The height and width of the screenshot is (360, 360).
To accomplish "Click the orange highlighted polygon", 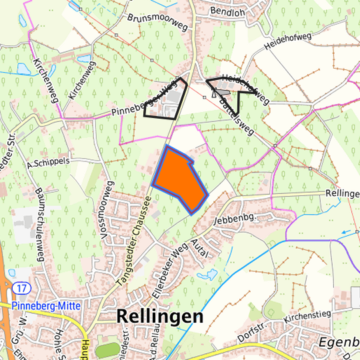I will tap(179, 179).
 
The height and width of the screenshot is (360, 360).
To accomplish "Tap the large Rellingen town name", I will tap(160, 317).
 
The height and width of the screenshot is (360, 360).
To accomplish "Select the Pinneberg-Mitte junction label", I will tap(47, 305).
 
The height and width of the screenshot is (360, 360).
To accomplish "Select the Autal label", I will tap(201, 247).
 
